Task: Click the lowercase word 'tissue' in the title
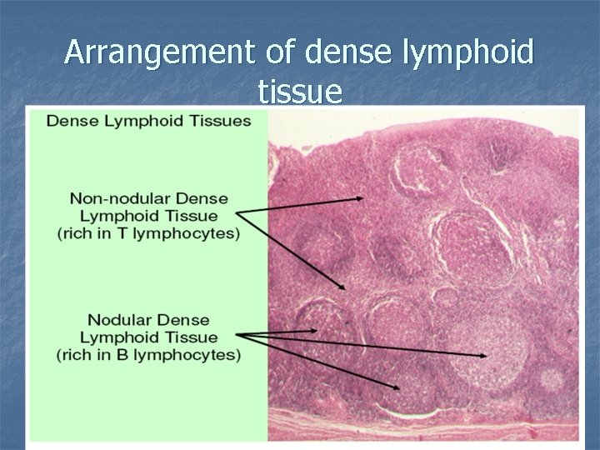tap(299, 92)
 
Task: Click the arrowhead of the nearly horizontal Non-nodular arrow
tap(360, 198)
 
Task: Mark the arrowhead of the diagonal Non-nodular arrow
tap(342, 287)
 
